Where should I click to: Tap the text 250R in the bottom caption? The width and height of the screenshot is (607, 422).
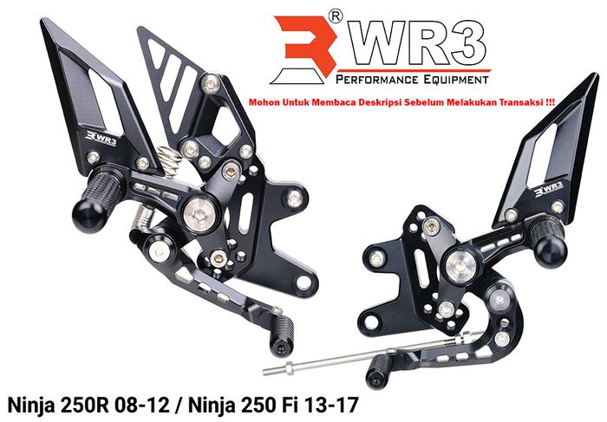click(x=90, y=404)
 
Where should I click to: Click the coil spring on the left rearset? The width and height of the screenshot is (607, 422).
click(x=173, y=159)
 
